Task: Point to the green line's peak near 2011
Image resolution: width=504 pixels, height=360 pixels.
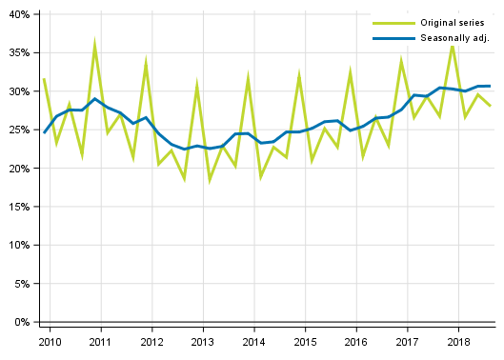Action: pyautogui.click(x=95, y=43)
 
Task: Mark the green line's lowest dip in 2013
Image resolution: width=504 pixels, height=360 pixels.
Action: pyautogui.click(x=210, y=180)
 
